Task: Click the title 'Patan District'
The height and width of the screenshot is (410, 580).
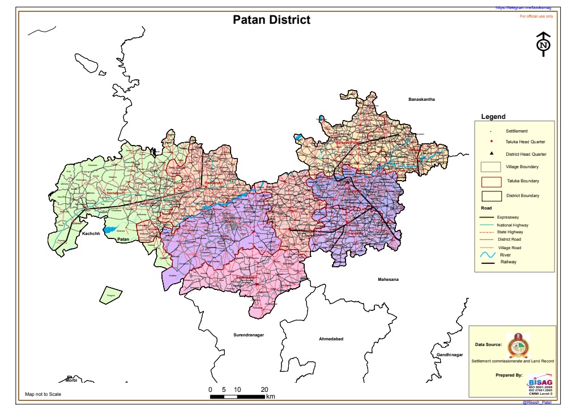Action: (x=272, y=20)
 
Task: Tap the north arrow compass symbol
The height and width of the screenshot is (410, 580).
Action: (x=544, y=44)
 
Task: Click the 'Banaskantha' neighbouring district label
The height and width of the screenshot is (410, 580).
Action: (x=421, y=100)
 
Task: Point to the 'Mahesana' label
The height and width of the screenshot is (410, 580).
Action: (x=389, y=280)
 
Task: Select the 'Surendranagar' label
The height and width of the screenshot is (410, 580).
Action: (x=249, y=335)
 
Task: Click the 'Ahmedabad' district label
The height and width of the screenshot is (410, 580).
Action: (x=332, y=339)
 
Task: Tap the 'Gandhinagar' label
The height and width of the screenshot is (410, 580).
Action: (x=450, y=355)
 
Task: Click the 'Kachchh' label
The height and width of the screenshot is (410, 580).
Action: (x=91, y=233)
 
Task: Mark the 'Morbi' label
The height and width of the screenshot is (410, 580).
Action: (x=71, y=380)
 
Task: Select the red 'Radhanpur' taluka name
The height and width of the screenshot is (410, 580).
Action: (x=214, y=182)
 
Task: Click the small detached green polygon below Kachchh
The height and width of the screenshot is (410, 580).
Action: (x=111, y=294)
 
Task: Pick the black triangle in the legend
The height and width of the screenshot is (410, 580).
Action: (x=492, y=154)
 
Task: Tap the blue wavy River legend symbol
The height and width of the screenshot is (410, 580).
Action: (x=488, y=256)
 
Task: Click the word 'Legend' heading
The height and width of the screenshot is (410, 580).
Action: (x=493, y=117)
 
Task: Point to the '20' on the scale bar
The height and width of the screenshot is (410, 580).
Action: (x=265, y=390)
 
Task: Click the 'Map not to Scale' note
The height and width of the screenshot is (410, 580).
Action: (x=43, y=394)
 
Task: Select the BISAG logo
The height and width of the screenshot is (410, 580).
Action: (x=539, y=381)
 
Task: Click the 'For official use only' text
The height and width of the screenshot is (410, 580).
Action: (x=536, y=16)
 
